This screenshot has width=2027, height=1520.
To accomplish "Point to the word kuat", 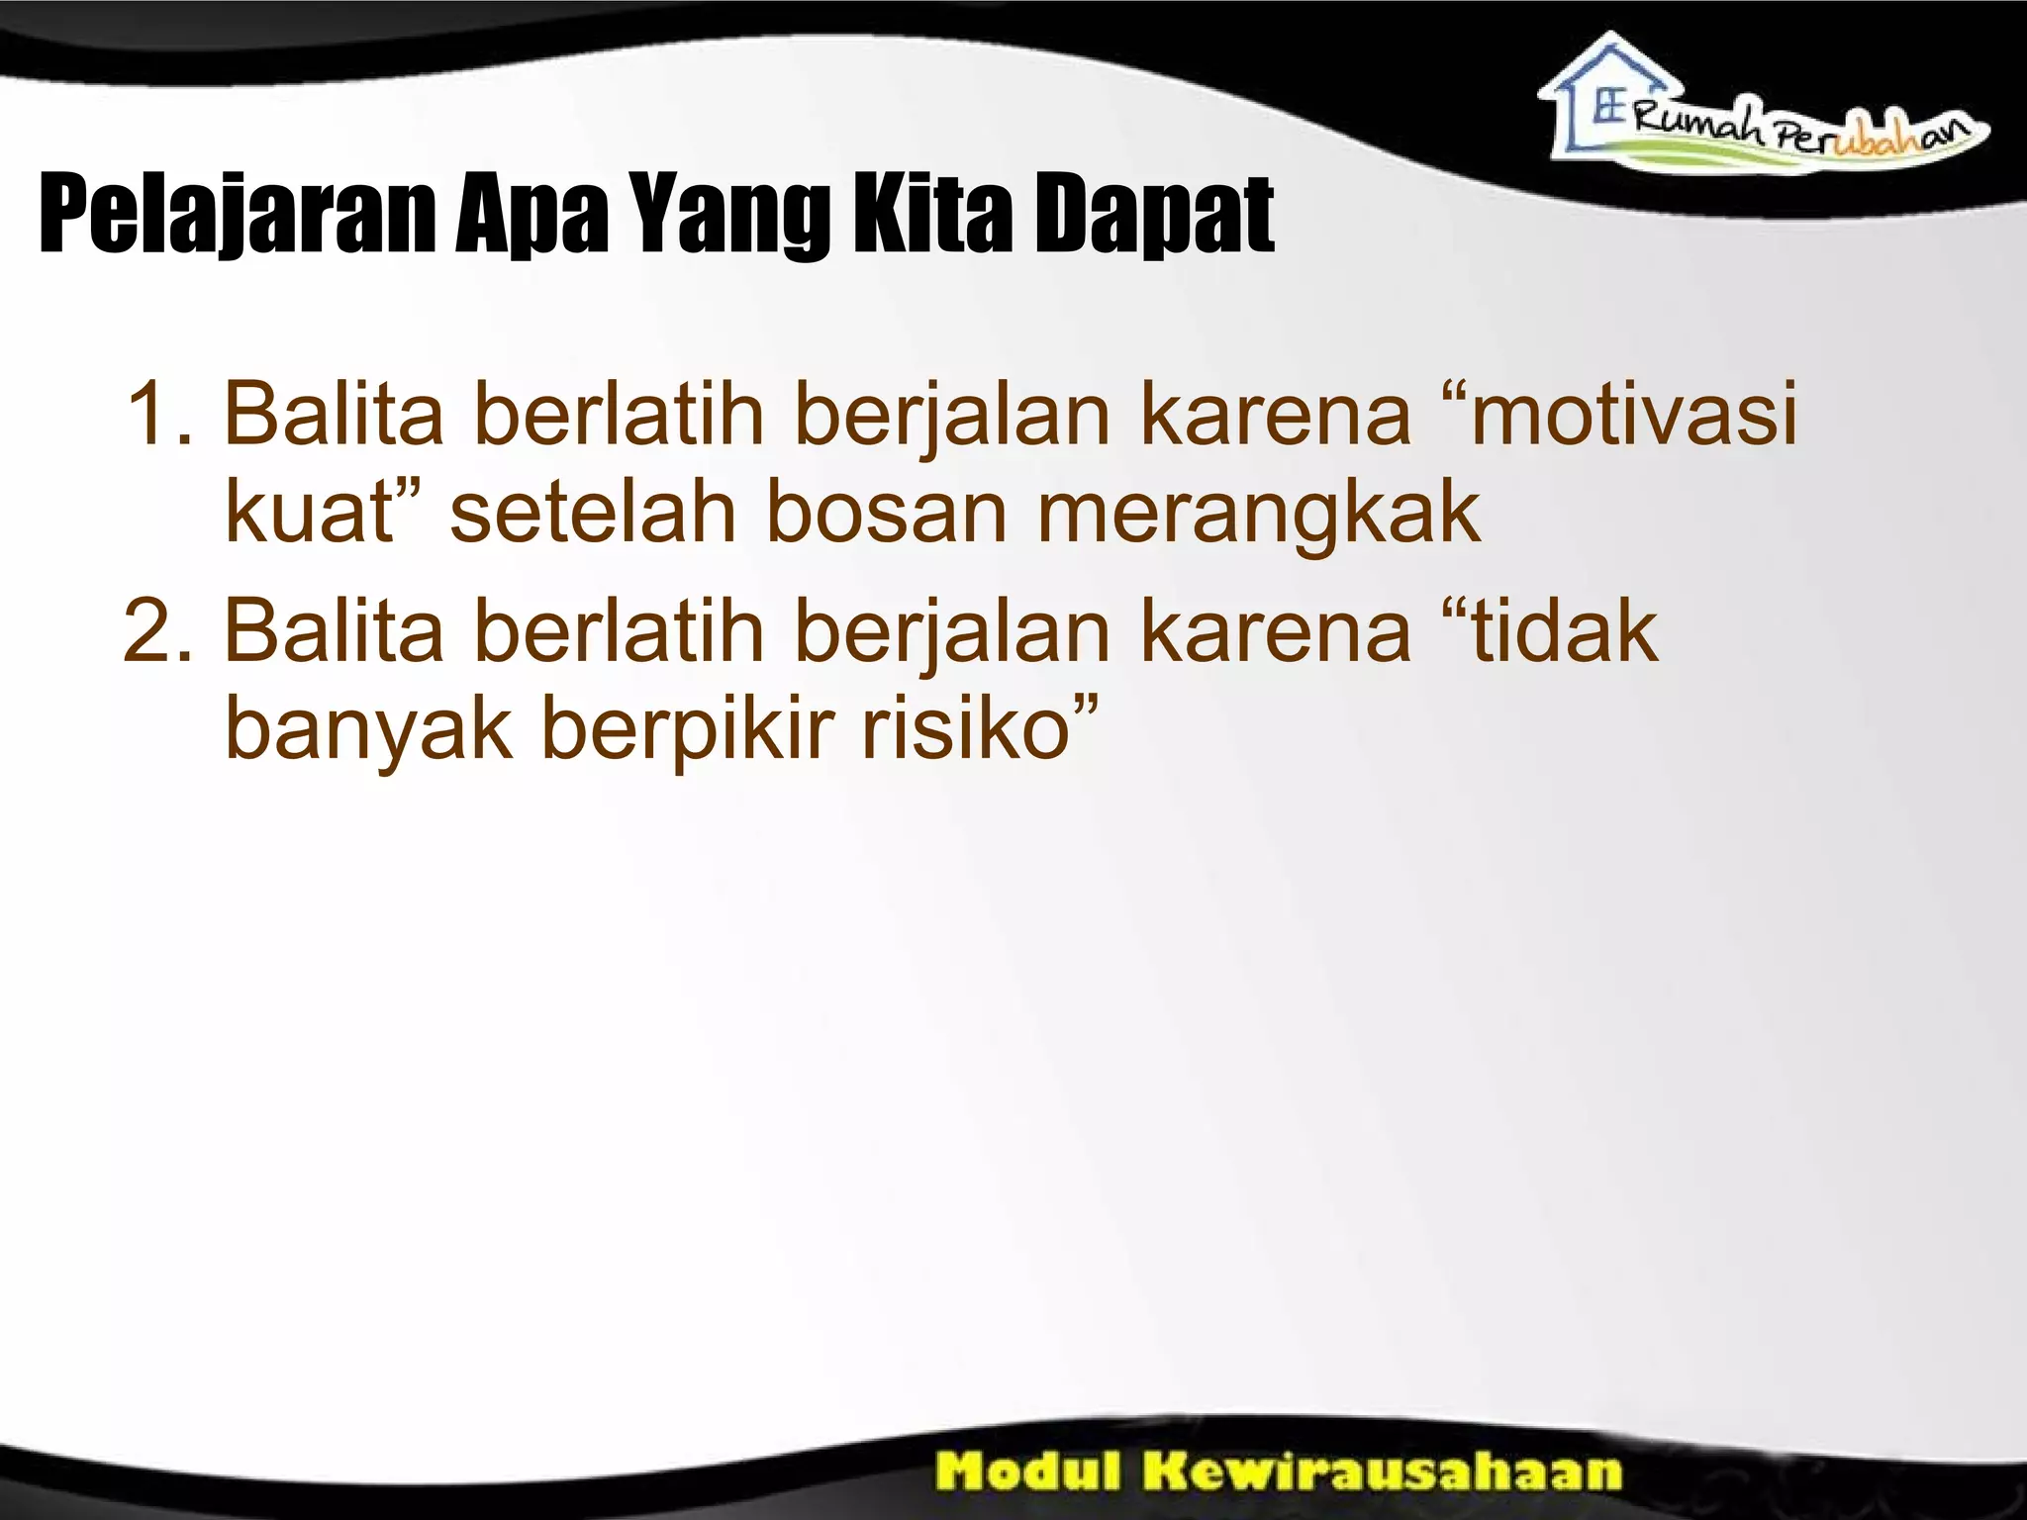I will coord(309,515).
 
